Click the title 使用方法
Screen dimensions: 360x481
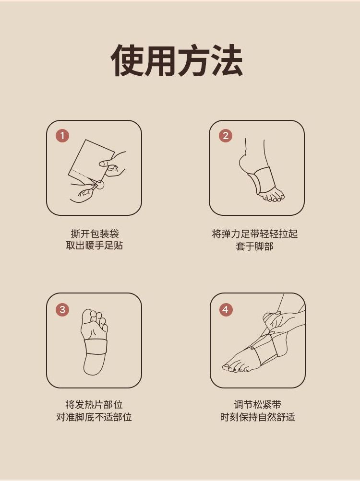[177, 60]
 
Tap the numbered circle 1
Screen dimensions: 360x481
[62, 136]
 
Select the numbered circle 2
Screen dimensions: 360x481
[226, 136]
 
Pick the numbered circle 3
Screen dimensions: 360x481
[62, 309]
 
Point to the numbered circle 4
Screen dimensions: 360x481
[226, 309]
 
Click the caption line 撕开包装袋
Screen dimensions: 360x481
[95, 234]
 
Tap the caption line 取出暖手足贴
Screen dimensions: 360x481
[94, 246]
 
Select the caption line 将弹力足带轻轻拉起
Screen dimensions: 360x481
[255, 234]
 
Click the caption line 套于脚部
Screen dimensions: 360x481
[255, 246]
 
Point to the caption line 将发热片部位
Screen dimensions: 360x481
[94, 405]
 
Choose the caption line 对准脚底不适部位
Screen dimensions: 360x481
[94, 417]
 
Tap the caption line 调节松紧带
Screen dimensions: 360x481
[257, 405]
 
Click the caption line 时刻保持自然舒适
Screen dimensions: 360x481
[257, 417]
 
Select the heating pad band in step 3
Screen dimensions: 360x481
[96, 347]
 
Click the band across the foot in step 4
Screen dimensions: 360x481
[264, 350]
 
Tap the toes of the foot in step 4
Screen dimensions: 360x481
[235, 367]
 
